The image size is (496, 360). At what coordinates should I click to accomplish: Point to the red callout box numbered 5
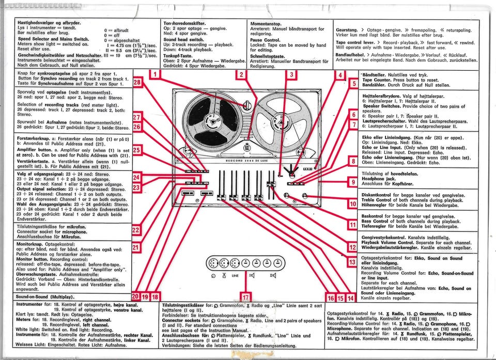coord(354,84)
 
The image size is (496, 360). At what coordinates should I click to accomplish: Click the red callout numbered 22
coord(136,230)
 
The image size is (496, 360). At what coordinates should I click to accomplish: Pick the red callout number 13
coord(352,263)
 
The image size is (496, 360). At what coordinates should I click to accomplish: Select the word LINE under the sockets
coord(235,276)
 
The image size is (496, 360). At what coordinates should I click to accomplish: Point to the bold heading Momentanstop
coord(266,24)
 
